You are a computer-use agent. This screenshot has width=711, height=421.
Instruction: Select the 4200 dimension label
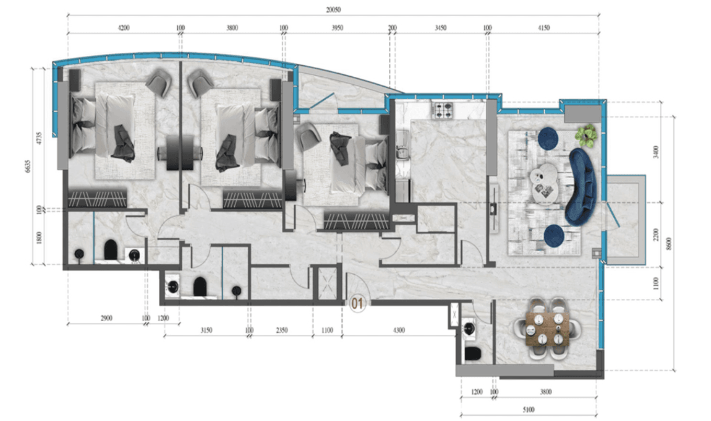pyautogui.click(x=123, y=28)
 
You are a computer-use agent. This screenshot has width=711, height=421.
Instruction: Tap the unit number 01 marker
pyautogui.click(x=358, y=302)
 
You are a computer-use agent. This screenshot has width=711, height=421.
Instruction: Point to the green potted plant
pyautogui.click(x=586, y=135)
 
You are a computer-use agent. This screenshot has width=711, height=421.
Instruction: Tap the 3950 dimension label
pyautogui.click(x=337, y=28)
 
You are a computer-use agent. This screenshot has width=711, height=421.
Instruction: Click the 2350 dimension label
pyautogui.click(x=281, y=330)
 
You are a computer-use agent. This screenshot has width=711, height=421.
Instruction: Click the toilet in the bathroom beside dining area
pyautogui.click(x=473, y=354)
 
